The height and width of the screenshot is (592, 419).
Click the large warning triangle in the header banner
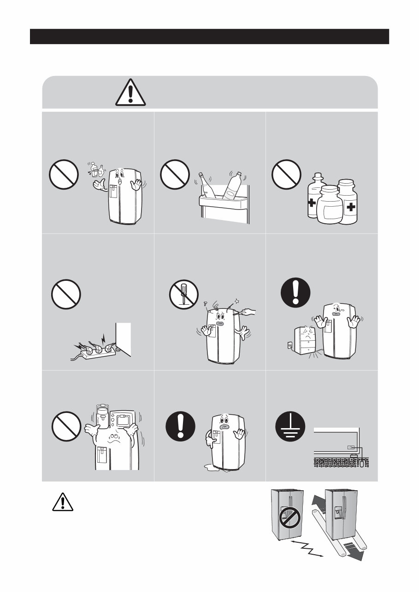(x=130, y=93)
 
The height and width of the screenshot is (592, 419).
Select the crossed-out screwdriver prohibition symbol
(x=183, y=295)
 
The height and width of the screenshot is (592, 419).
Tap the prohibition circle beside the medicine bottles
(x=286, y=174)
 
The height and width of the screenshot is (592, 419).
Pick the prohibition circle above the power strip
(x=65, y=295)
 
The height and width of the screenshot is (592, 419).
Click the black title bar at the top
(x=209, y=36)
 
